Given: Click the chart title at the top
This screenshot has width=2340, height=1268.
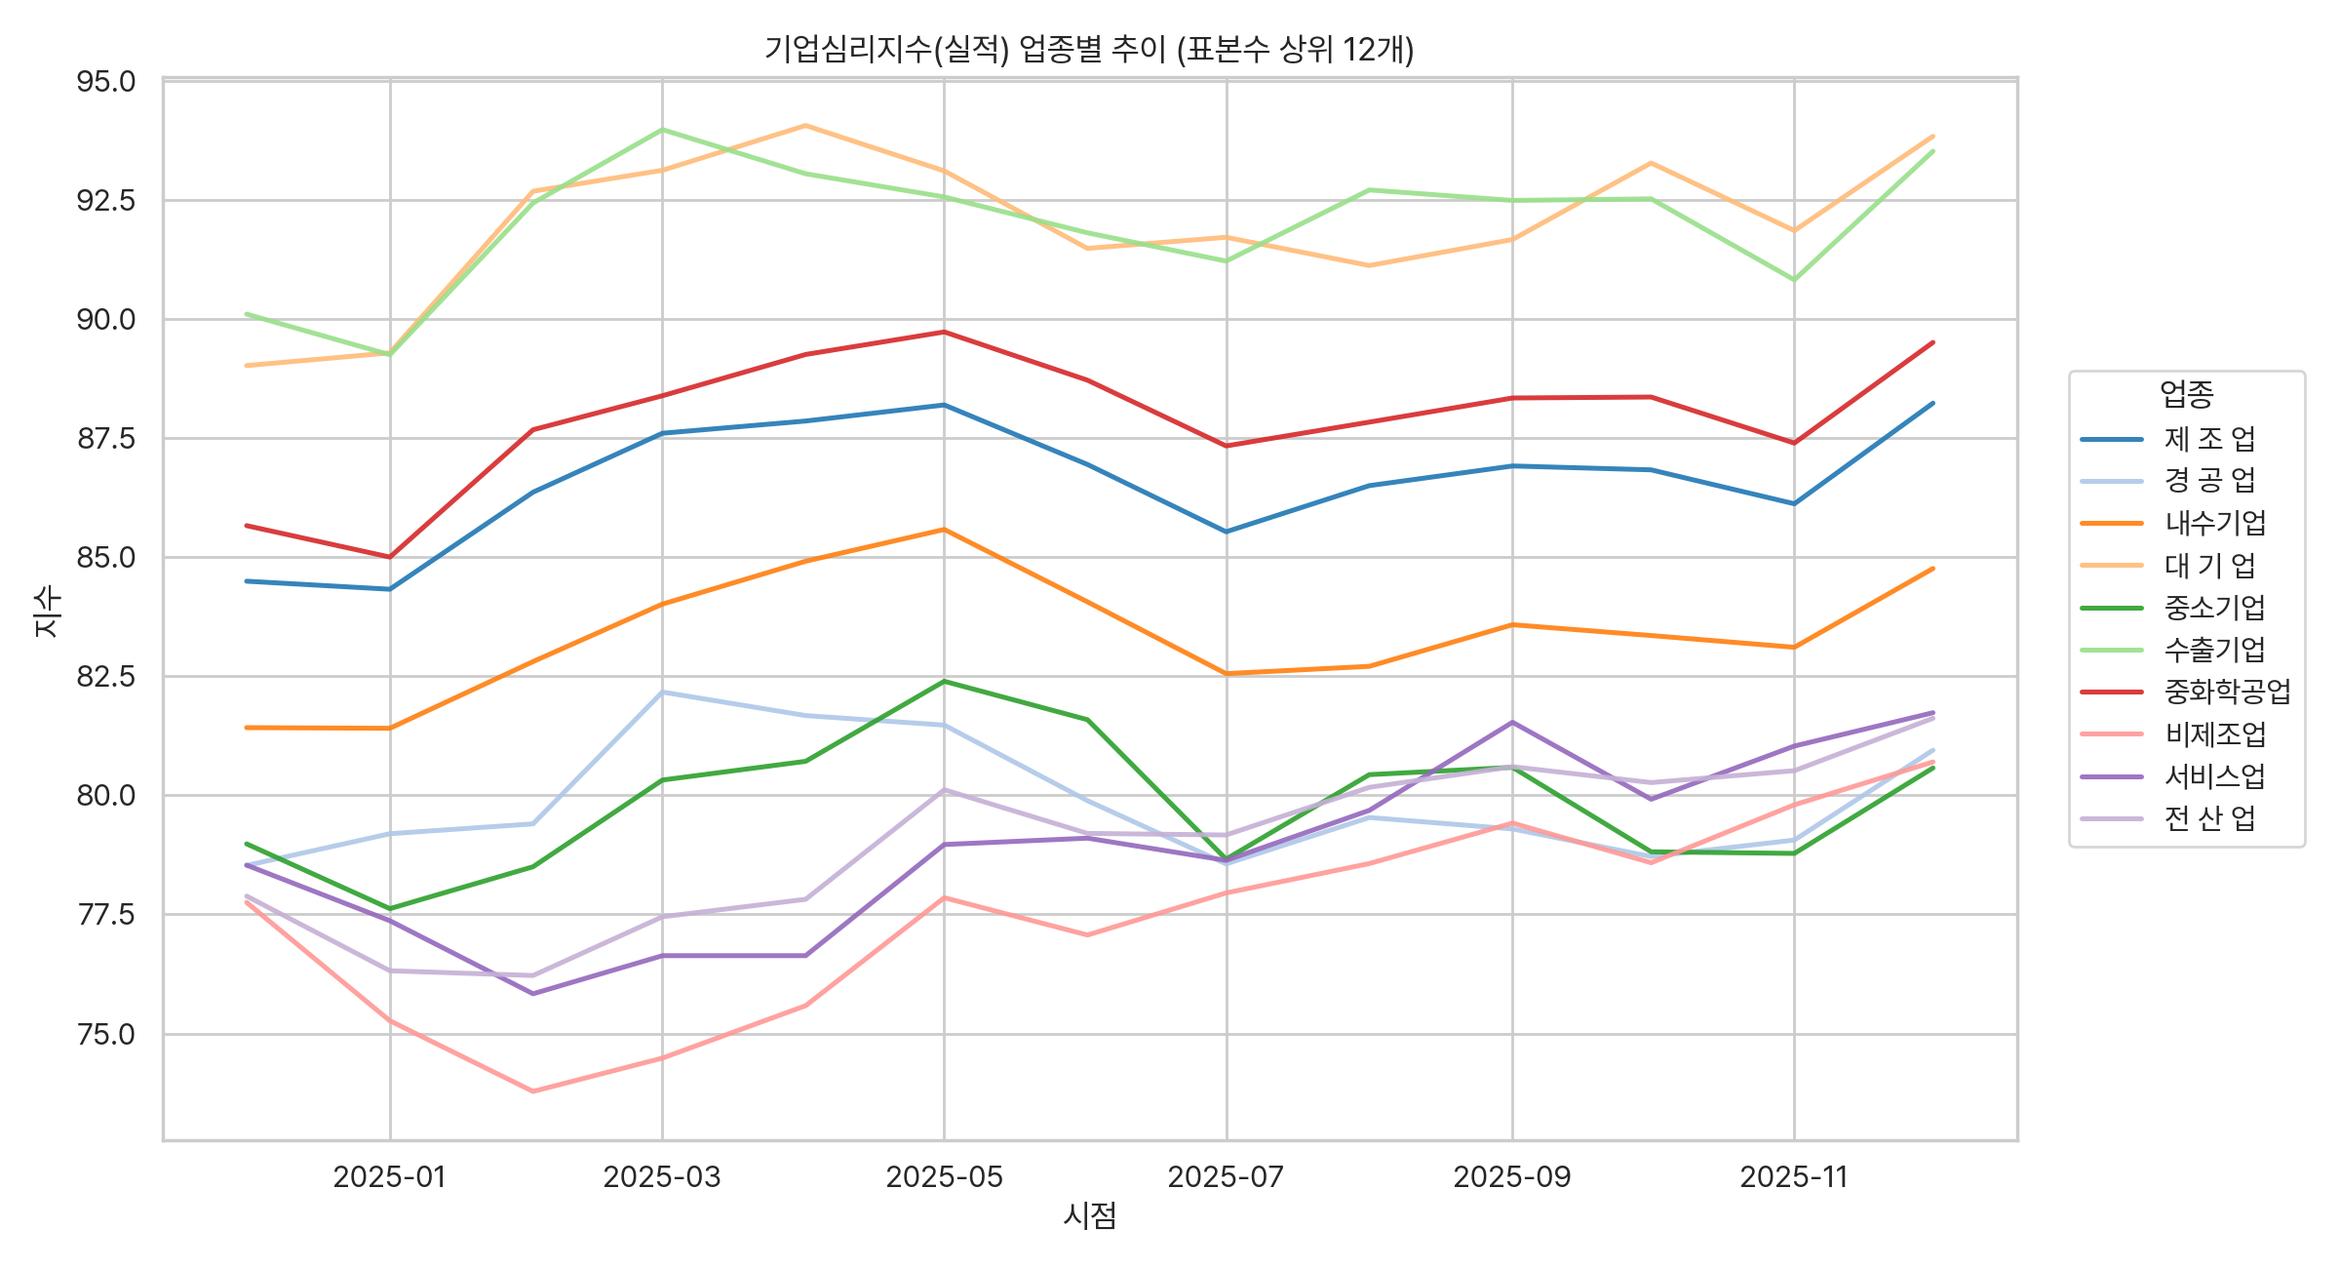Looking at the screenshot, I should (1089, 49).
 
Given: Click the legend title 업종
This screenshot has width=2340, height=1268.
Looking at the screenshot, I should (2186, 394).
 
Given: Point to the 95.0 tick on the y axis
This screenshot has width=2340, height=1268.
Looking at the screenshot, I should (106, 81).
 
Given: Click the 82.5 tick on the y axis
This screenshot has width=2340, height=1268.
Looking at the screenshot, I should (106, 676).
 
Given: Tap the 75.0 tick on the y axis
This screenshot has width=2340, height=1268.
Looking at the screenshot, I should (106, 1034).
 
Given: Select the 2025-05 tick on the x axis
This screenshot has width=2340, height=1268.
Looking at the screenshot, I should (944, 1177).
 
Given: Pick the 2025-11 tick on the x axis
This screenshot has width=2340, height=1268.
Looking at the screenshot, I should (1794, 1177).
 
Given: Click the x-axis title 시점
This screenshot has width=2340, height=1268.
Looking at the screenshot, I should (1089, 1215).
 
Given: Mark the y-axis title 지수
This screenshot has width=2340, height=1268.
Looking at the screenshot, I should (46, 611).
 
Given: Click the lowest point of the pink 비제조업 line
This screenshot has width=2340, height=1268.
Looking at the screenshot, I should (532, 1091).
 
